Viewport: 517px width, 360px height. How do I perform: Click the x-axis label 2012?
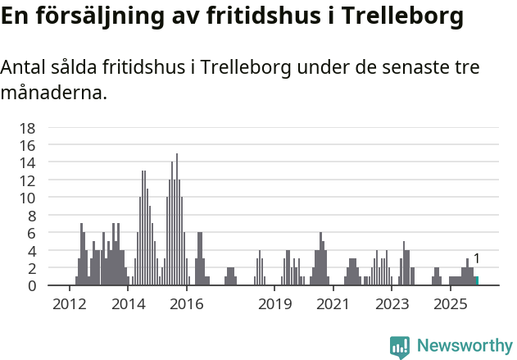pyautogui.click(x=69, y=304)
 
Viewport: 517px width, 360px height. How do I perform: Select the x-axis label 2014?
pyautogui.click(x=128, y=304)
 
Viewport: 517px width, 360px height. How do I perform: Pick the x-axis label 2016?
pyautogui.click(x=187, y=304)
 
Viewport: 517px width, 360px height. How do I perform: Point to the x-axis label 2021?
pyautogui.click(x=333, y=304)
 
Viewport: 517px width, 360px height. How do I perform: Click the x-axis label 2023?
pyautogui.click(x=392, y=304)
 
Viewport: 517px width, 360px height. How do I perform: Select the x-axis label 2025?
pyautogui.click(x=450, y=304)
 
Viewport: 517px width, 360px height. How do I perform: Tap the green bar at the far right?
pyautogui.click(x=476, y=281)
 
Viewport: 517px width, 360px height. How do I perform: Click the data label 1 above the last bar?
pyautogui.click(x=477, y=259)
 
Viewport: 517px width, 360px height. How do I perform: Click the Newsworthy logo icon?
pyautogui.click(x=400, y=346)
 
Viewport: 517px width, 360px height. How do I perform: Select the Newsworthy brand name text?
pyautogui.click(x=465, y=346)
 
